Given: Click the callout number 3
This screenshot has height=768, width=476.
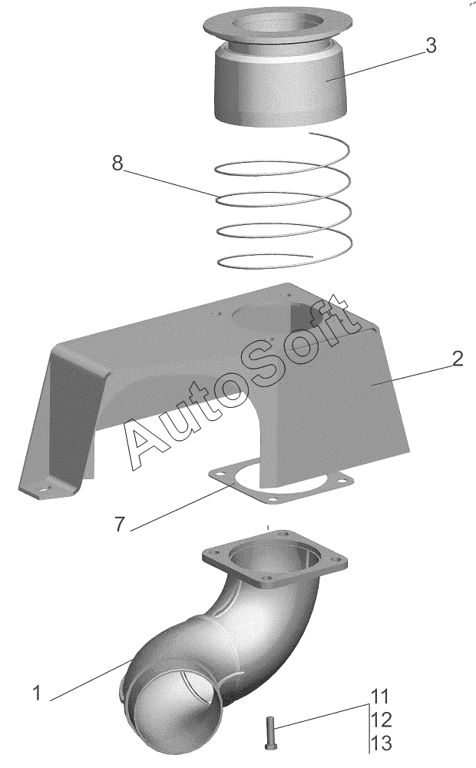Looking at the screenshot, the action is coord(430,45).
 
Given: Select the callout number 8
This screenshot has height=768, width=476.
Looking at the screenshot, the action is coord(117,163).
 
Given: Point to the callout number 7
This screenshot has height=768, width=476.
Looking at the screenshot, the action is coord(121,525).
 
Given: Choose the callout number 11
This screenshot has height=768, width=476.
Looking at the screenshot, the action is coord(379,697).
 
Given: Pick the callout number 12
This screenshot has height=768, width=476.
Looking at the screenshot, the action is coord(381,720).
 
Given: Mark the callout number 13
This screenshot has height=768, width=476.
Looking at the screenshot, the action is coord(381,743).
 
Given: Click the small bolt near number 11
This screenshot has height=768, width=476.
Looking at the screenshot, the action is coord(269,731).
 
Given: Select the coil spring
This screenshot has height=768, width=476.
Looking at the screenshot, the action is coord(284,200).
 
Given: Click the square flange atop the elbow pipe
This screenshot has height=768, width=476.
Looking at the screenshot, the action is coord(274,561).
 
